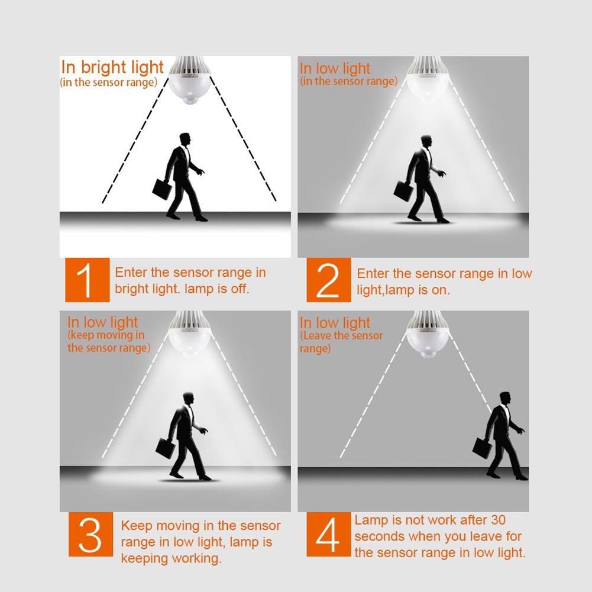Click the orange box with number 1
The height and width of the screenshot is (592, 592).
[x=87, y=280]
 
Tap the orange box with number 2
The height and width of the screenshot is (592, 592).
[x=328, y=280]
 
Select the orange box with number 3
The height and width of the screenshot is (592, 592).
[x=90, y=534]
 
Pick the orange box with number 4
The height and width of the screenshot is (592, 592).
[x=328, y=534]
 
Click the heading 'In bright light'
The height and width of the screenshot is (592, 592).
[x=112, y=67]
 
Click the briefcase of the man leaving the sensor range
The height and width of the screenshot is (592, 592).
[x=483, y=448]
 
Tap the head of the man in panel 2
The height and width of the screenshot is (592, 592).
[x=426, y=142]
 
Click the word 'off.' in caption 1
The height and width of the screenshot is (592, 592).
[x=240, y=289]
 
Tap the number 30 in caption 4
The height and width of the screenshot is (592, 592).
[x=498, y=520]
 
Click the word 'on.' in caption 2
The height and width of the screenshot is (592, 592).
[x=441, y=290]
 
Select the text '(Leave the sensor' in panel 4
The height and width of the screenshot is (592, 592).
[x=341, y=336]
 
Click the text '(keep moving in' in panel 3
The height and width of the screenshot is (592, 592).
[x=106, y=335]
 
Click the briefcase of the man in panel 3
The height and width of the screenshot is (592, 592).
[x=166, y=448]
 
